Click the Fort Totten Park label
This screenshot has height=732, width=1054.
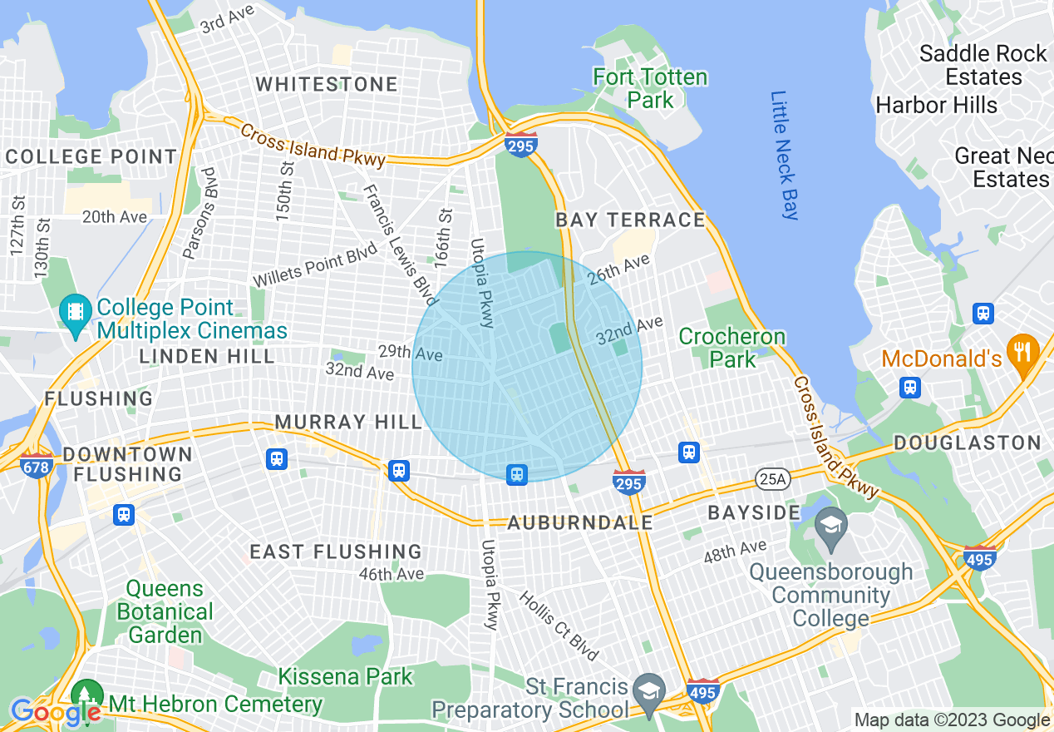[x=649, y=89]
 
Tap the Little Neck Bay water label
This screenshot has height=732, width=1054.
[x=783, y=156]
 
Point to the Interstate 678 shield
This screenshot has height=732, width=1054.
[x=37, y=467]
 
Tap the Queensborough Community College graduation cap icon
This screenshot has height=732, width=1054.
[x=830, y=526]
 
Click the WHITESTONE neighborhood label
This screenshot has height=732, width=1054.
[x=327, y=85]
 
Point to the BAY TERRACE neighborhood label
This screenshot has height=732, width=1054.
[x=630, y=220]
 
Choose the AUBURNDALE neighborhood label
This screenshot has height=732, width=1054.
[x=580, y=523]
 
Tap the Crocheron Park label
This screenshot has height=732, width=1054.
[x=732, y=348]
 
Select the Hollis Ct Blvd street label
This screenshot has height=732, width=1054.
[x=559, y=626]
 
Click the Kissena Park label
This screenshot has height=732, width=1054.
[x=345, y=676]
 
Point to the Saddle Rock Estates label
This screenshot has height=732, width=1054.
[x=983, y=65]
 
